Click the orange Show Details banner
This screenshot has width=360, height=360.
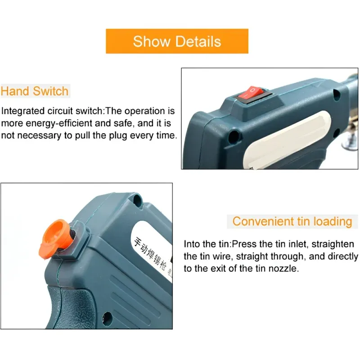coord(177,41)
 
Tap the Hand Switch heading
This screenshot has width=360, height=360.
coord(35,91)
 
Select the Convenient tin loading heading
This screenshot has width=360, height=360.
coord(292,221)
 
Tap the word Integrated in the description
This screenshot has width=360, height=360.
coord(23,111)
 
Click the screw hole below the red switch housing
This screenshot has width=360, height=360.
coord(234,135)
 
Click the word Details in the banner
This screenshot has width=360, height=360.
coord(198,41)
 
